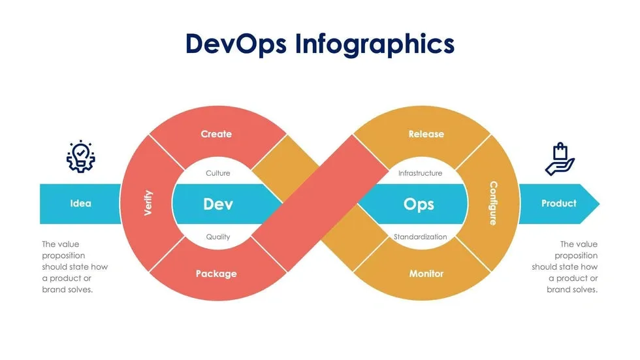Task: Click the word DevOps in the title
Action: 236,43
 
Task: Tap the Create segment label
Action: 216,134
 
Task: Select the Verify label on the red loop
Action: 148,203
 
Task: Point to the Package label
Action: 216,274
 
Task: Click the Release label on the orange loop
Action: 426,134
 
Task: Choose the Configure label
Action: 494,203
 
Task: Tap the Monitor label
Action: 426,274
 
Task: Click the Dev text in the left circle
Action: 218,204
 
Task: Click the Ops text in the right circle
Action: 419,204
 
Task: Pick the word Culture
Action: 218,173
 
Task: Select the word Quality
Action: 218,237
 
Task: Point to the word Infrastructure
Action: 421,173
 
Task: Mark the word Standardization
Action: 421,237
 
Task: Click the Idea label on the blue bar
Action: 81,203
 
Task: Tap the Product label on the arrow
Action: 559,203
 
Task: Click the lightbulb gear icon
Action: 81,157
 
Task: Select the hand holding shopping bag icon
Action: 560,159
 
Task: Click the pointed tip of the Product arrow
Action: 600,204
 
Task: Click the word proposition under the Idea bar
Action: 64,256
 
